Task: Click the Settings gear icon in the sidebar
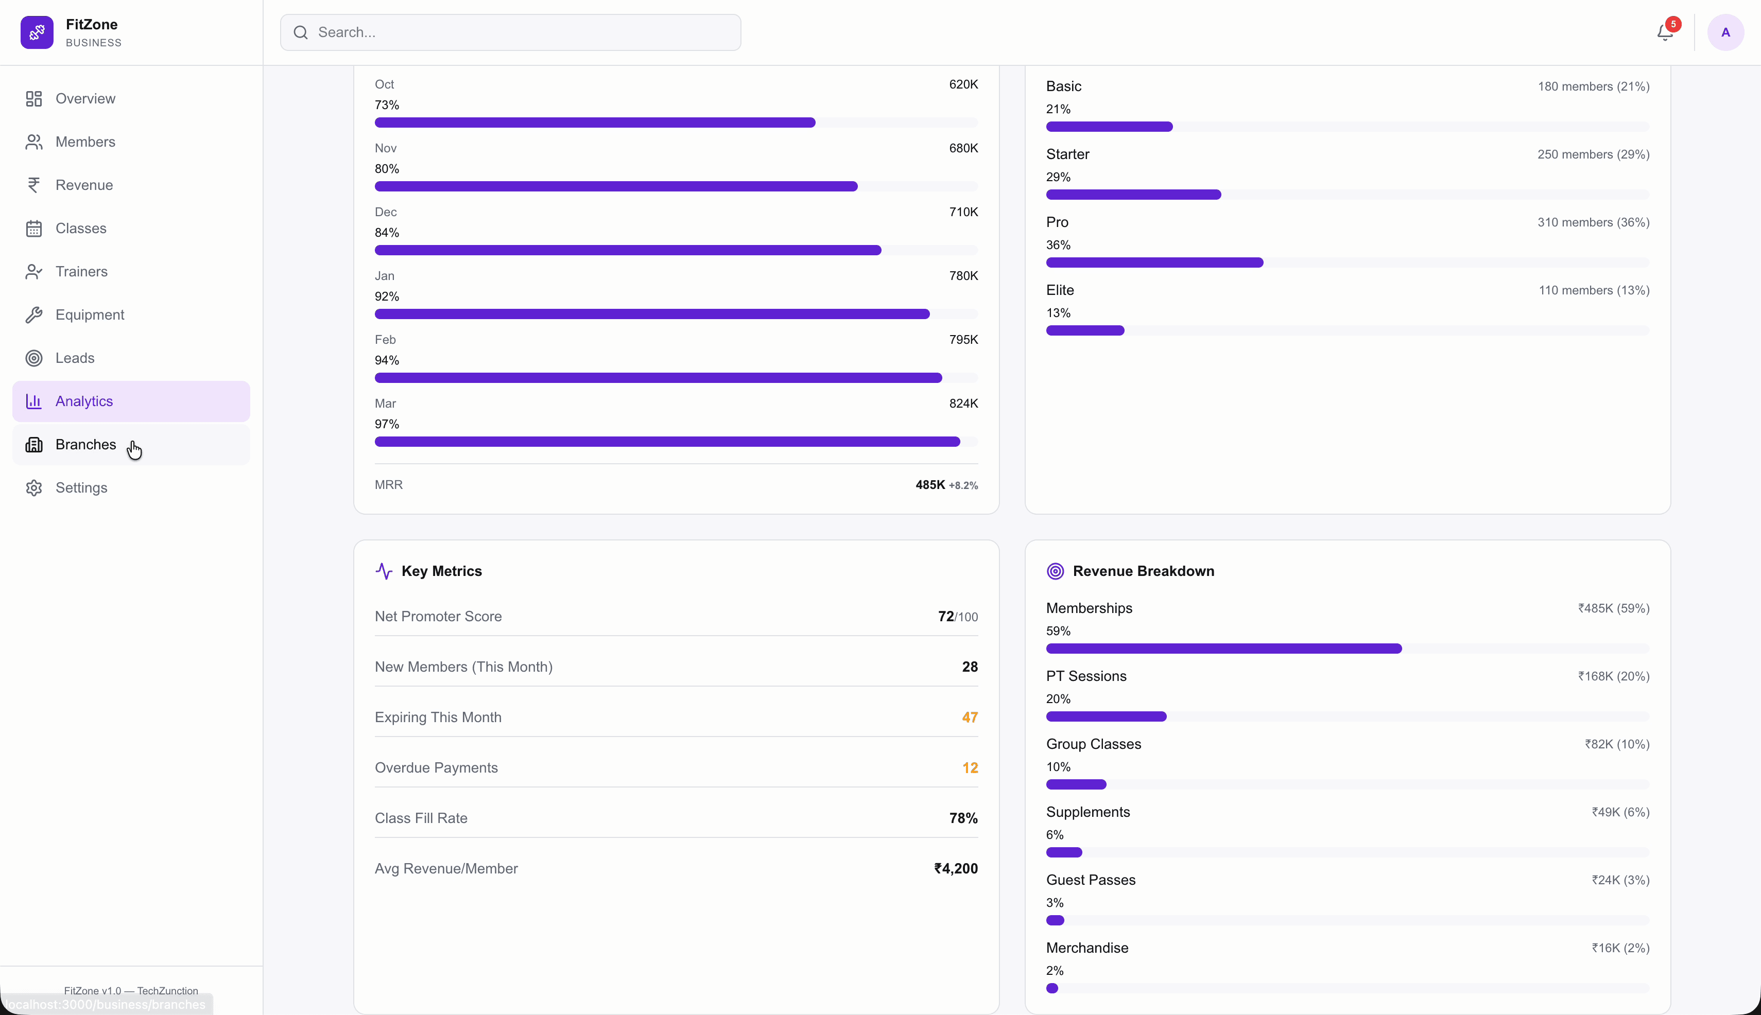tap(33, 488)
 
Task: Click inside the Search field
tap(510, 32)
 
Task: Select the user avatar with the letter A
tap(1725, 32)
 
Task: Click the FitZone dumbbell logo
tap(37, 32)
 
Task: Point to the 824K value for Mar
tap(963, 404)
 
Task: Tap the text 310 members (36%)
tap(1593, 222)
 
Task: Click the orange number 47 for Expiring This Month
tap(970, 717)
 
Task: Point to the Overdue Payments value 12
tap(970, 767)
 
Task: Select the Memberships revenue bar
tap(1223, 649)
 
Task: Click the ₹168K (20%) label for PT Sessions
tap(1613, 676)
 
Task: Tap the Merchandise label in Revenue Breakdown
tap(1086, 948)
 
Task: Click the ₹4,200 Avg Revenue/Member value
tap(956, 869)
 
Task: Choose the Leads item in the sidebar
tap(75, 358)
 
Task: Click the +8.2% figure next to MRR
tap(963, 486)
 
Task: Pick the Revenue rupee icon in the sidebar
tap(33, 185)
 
